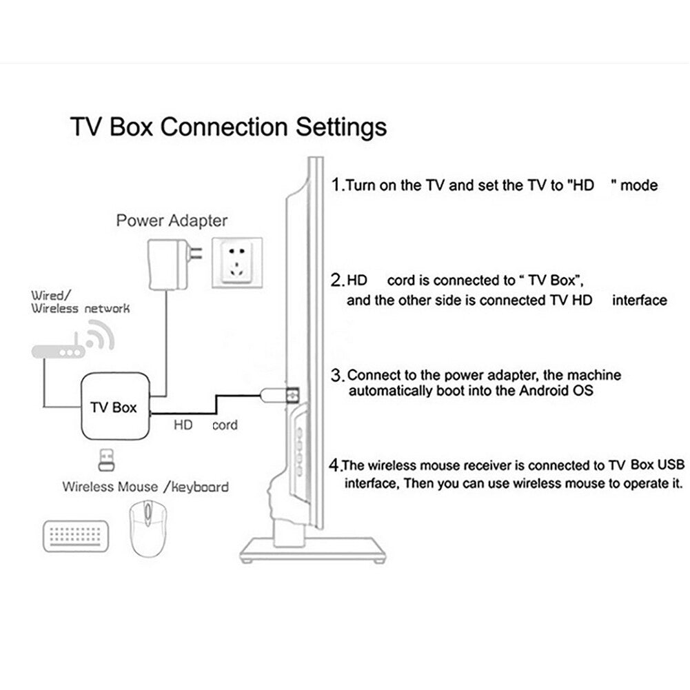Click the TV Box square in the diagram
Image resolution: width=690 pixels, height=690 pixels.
pos(114,406)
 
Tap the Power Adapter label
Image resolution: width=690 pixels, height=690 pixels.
pos(171,221)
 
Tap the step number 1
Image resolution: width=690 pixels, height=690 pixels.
pos(336,185)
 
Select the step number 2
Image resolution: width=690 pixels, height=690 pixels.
pos(337,281)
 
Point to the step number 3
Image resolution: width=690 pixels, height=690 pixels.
pos(337,376)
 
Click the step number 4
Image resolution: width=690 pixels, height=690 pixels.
pos(336,464)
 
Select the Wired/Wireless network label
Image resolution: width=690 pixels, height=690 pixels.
pos(80,302)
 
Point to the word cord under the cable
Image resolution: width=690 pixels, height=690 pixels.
pos(225,425)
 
